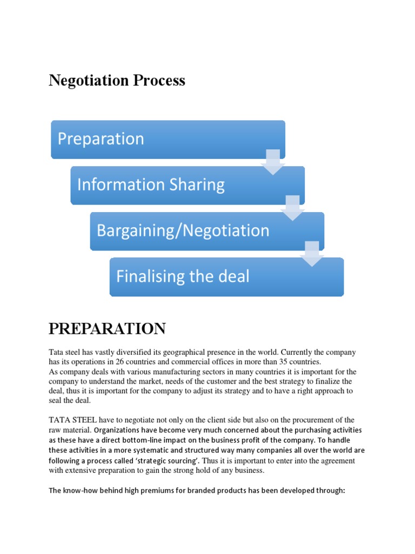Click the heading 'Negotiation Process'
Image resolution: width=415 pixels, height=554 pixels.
pos(117,81)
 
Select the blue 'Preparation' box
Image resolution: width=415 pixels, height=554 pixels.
pos(168,139)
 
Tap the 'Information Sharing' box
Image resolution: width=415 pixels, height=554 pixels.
pos(188,185)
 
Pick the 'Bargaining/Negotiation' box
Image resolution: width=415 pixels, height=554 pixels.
pos(207,231)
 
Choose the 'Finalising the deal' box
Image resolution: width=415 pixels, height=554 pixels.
pos(226,277)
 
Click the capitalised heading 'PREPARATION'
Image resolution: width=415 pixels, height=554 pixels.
pos(107,328)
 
